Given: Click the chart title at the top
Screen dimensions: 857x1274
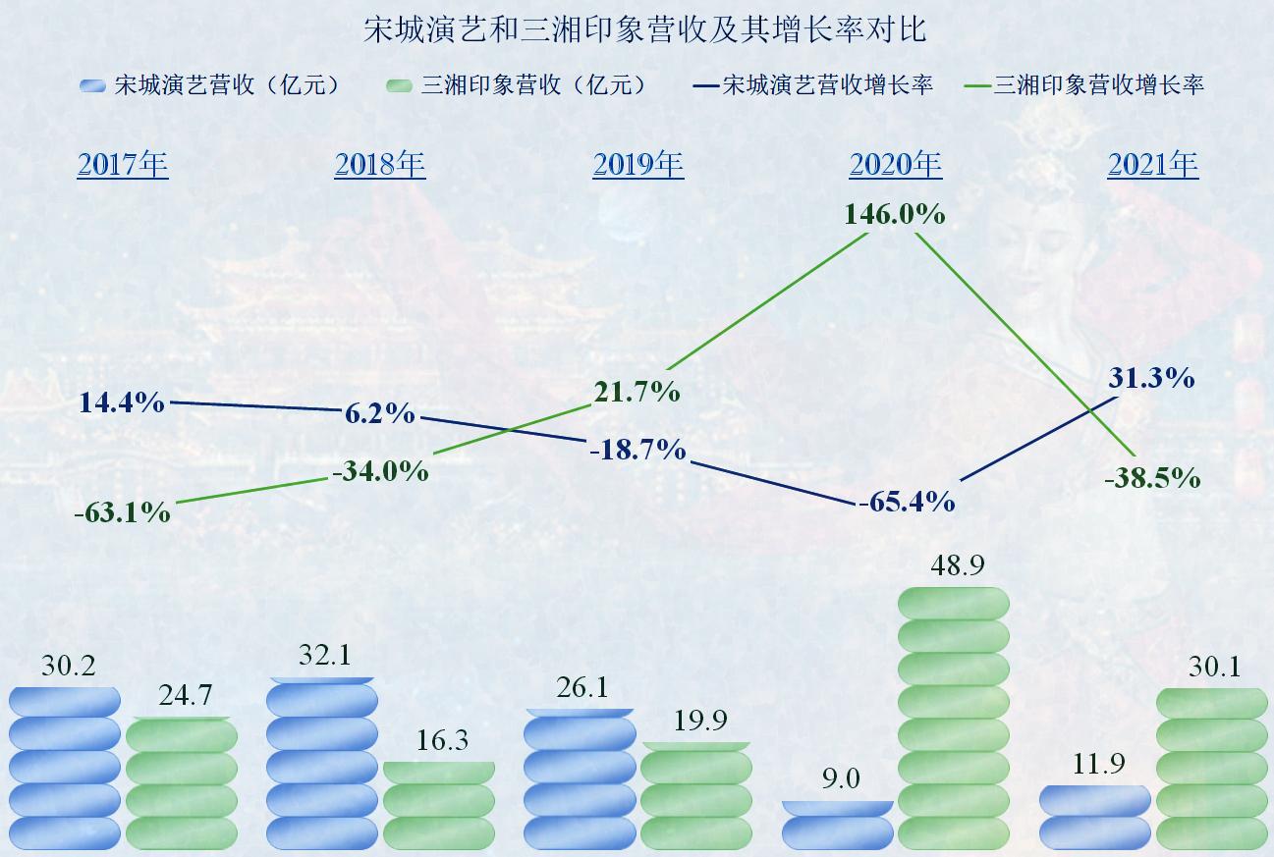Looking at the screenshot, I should pos(644,29).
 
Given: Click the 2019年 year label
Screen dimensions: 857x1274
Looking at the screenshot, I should pos(637,164).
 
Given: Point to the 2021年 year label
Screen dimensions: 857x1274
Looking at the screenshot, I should pos(1152,164).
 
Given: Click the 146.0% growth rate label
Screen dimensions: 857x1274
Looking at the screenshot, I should pos(894,214).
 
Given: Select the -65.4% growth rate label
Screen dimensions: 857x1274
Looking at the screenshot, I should pos(907,503).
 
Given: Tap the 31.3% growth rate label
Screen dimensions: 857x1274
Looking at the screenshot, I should pos(1150,378).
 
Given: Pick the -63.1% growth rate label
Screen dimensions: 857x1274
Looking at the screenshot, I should pos(122,512).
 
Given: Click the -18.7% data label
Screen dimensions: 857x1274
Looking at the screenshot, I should pos(637,451).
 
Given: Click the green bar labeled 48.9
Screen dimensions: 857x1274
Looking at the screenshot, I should pos(954,718).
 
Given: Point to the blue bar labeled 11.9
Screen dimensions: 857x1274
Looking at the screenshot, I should pos(1094,817).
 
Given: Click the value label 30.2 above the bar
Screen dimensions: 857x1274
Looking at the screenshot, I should pos(69,667).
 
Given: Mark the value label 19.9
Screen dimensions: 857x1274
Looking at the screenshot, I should pos(700,722).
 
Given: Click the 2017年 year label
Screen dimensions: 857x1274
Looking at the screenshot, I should pos(123,164).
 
